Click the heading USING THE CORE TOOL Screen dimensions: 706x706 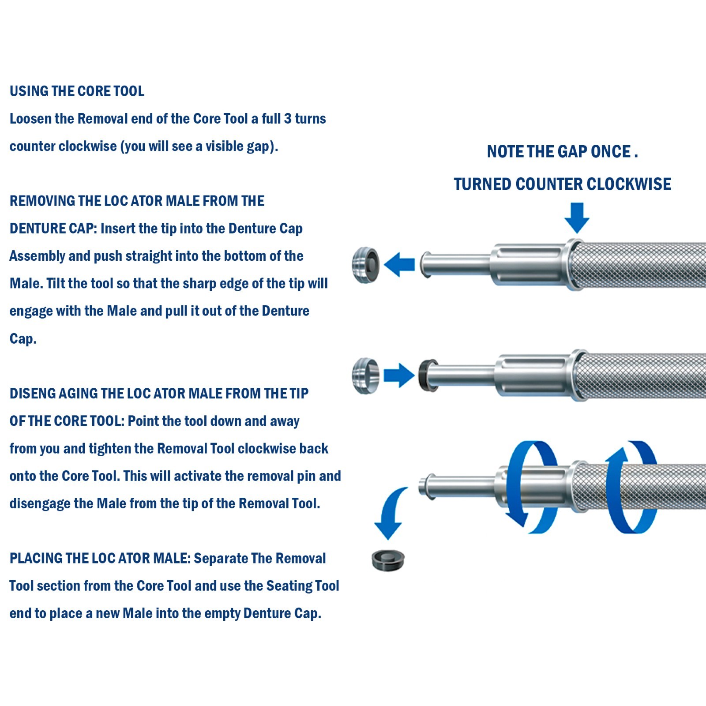click(x=77, y=91)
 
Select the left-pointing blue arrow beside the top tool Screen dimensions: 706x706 click(x=399, y=264)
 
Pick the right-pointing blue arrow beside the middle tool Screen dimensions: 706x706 click(x=399, y=376)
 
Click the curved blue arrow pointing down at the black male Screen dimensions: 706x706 click(x=391, y=512)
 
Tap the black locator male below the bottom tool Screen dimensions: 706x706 click(x=388, y=560)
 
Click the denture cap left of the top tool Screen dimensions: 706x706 click(x=366, y=265)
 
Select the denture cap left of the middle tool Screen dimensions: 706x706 click(x=365, y=376)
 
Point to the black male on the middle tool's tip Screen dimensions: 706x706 click(x=427, y=376)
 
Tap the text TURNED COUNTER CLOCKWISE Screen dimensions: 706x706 click(x=563, y=184)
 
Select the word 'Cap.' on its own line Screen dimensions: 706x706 click(x=23, y=339)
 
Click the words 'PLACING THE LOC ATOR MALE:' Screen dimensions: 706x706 click(x=100, y=558)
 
